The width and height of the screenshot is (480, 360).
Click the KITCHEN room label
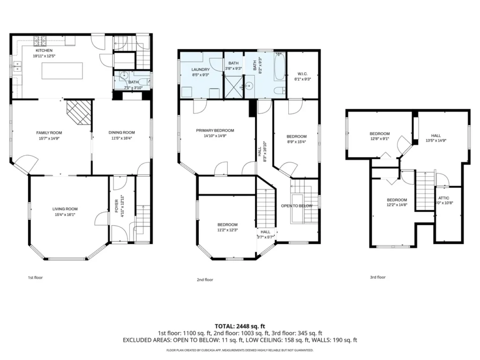coord(44,51)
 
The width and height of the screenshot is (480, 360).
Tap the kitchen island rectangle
coord(62,71)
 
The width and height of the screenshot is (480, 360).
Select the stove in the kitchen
coord(39,40)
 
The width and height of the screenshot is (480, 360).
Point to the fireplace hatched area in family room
coord(79,112)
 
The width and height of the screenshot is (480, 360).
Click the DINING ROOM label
coord(121,133)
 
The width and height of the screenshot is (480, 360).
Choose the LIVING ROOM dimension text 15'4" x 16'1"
coord(65,215)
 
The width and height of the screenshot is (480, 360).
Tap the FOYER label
coord(116,206)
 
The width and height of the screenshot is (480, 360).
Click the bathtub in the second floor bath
coord(280,67)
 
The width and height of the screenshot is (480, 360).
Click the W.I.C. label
coord(302,74)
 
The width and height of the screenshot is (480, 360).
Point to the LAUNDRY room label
coord(201,69)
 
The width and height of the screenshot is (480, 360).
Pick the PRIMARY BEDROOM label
coord(215,130)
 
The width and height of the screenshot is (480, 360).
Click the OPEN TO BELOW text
coord(297,206)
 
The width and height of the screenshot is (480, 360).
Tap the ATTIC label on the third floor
coord(443,198)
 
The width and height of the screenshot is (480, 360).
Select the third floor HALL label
coord(436,135)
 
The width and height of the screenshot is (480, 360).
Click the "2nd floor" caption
coord(205,279)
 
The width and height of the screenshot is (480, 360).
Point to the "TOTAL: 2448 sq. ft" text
coord(240,326)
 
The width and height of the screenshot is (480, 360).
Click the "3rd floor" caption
coord(378,277)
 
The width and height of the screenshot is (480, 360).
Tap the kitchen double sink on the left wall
coord(17,67)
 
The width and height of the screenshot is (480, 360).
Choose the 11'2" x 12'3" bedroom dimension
coord(227,230)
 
